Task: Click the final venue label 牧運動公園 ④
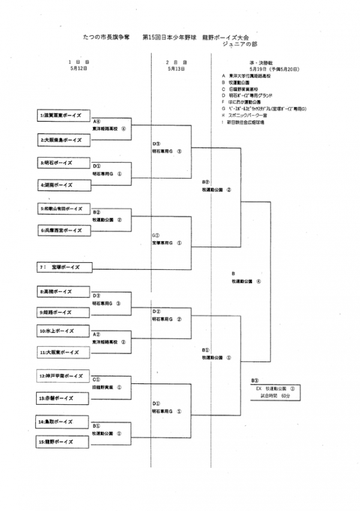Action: tap(246, 281)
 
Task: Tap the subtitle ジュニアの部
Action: tap(242, 44)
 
